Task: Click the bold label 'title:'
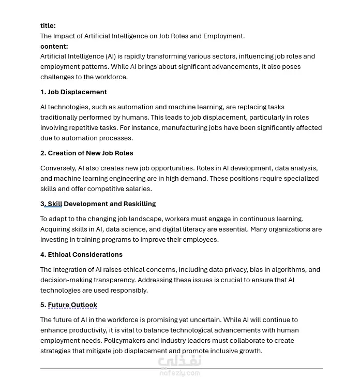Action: click(48, 26)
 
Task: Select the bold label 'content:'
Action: click(54, 46)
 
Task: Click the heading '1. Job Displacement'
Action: click(73, 92)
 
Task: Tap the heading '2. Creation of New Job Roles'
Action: click(87, 153)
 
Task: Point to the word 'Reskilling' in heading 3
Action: click(139, 204)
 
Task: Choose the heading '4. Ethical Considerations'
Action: click(81, 255)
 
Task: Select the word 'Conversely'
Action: click(57, 168)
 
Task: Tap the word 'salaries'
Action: click(136, 189)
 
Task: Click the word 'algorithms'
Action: click(286, 270)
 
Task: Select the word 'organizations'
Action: click(287, 229)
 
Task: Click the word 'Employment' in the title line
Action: click(223, 36)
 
